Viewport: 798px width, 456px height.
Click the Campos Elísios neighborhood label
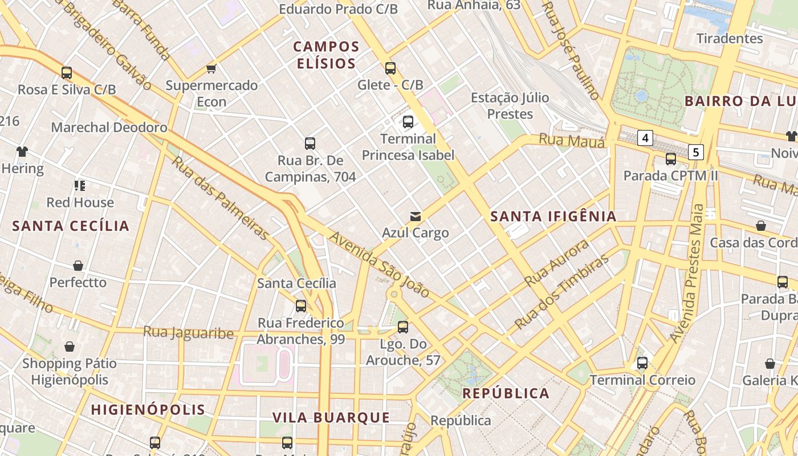[x=326, y=55]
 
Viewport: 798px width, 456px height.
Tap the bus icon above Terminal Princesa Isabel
[x=408, y=121]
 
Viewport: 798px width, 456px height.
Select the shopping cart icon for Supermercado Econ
[x=211, y=69]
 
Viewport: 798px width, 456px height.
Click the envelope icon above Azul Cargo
[x=416, y=217]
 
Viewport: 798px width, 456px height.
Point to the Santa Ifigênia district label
[x=553, y=217]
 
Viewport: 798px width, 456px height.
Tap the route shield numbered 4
[x=645, y=138]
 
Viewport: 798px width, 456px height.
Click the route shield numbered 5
[x=696, y=152]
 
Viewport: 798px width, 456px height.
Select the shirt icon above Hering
[x=22, y=152]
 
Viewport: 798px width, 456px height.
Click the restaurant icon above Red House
[x=80, y=185]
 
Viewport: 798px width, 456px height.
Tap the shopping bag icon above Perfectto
[x=78, y=266]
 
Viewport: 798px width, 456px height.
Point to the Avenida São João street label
[x=380, y=264]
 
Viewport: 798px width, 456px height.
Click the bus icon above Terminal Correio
[x=642, y=363]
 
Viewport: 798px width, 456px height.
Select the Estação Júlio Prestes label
[x=510, y=106]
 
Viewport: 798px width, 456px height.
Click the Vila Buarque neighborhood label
[x=331, y=418]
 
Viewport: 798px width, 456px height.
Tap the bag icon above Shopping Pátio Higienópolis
[x=70, y=347]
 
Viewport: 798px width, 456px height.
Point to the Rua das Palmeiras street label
[x=220, y=198]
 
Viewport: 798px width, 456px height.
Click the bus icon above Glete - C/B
[x=390, y=68]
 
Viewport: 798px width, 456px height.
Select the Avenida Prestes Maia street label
[x=688, y=274]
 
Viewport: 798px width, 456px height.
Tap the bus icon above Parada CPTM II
[x=671, y=159]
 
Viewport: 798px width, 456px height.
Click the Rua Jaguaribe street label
[x=188, y=332]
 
